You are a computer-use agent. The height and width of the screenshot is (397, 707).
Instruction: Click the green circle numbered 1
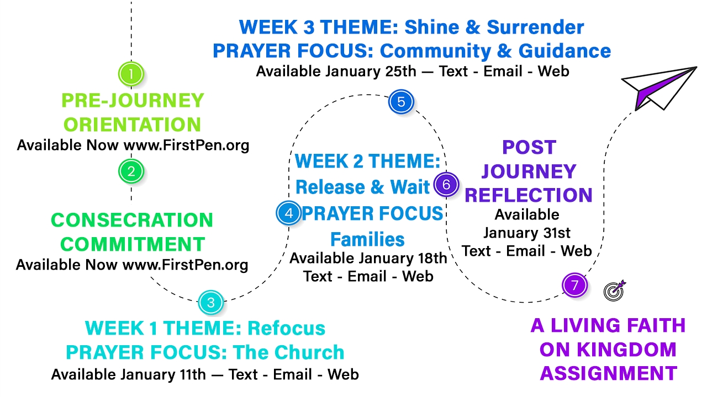[x=131, y=74]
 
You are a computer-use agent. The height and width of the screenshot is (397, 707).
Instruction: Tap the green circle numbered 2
[x=131, y=171]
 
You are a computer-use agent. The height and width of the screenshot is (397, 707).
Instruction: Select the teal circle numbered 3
[x=211, y=303]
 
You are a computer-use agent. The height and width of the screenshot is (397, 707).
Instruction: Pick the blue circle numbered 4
[x=289, y=213]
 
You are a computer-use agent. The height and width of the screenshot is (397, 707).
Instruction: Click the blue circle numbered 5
[x=401, y=102]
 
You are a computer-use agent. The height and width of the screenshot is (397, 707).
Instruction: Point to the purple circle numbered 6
[x=446, y=184]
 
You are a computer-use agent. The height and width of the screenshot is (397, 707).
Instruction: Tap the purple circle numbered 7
[x=575, y=285]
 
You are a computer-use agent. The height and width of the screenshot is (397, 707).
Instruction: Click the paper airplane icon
[x=659, y=88]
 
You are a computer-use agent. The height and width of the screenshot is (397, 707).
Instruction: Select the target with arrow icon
[x=615, y=291]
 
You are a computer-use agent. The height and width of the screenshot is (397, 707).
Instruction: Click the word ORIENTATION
[x=132, y=125]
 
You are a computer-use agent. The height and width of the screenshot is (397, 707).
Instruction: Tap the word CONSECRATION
[x=132, y=220]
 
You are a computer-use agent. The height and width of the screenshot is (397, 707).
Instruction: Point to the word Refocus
[x=286, y=328]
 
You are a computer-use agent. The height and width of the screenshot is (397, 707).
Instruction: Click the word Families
[x=367, y=239]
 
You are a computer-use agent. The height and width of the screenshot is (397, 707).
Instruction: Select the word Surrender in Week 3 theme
[x=535, y=27]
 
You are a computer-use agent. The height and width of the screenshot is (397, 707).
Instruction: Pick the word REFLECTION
[x=529, y=195]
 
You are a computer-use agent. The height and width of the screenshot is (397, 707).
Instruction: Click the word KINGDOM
[x=608, y=350]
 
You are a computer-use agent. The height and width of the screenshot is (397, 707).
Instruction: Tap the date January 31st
[x=527, y=233]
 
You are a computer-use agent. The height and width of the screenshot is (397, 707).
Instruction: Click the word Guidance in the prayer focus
[x=564, y=51]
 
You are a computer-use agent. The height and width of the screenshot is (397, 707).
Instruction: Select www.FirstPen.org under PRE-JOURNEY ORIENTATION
[x=186, y=146]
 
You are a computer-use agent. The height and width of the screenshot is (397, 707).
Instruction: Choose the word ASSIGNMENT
[x=609, y=373]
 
